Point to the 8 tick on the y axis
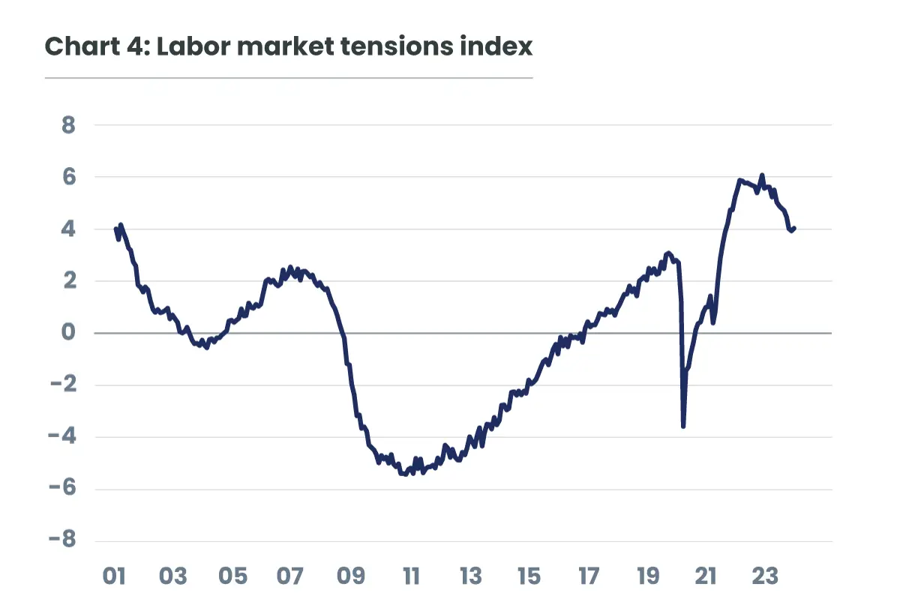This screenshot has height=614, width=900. pyautogui.click(x=69, y=125)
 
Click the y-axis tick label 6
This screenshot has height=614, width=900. pyautogui.click(x=69, y=177)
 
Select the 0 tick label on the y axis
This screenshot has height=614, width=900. pyautogui.click(x=69, y=333)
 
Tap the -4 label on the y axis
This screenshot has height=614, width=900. pyautogui.click(x=63, y=437)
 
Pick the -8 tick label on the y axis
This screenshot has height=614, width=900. pyautogui.click(x=63, y=541)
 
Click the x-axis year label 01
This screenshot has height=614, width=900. pyautogui.click(x=114, y=577)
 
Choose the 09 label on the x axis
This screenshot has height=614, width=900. pyautogui.click(x=351, y=577)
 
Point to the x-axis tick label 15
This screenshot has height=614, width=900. pyautogui.click(x=529, y=577)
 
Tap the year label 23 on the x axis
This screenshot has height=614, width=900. pyautogui.click(x=765, y=577)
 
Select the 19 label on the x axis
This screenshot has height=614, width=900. pyautogui.click(x=647, y=577)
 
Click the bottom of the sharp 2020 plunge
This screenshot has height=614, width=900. pyautogui.click(x=683, y=427)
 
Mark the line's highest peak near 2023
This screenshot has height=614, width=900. pyautogui.click(x=762, y=175)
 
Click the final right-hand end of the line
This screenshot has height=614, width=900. pyautogui.click(x=794, y=228)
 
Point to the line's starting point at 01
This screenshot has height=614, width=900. pyautogui.click(x=115, y=229)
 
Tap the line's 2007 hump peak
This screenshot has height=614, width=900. pyautogui.click(x=290, y=267)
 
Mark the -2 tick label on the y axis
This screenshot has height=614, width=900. pyautogui.click(x=63, y=385)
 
